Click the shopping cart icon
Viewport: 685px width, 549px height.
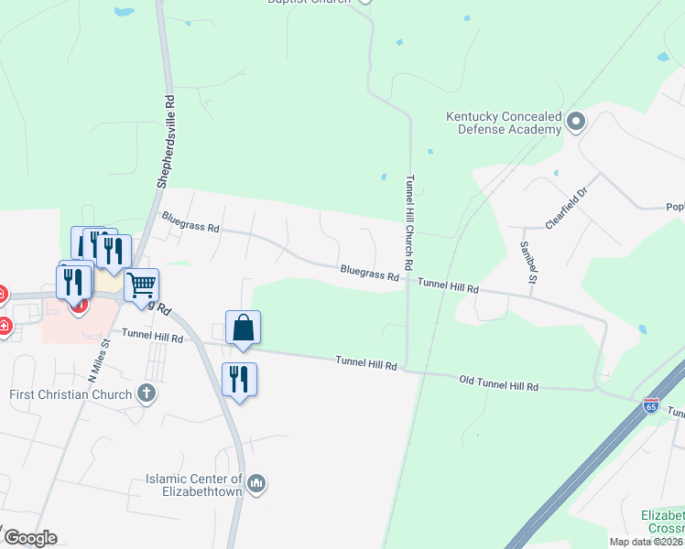141,285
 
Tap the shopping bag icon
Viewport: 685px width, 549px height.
244,328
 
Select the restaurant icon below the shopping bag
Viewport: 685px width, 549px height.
239,380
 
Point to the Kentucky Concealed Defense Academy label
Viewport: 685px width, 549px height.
503,123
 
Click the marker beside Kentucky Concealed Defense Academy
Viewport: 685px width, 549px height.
576,122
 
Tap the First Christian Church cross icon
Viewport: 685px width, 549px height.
145,394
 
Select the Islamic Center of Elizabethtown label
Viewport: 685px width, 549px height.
194,485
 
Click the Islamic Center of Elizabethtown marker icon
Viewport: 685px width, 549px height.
256,482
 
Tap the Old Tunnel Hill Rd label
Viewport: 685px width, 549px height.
498,382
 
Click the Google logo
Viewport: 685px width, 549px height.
30,537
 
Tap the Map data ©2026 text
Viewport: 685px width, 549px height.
647,541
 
